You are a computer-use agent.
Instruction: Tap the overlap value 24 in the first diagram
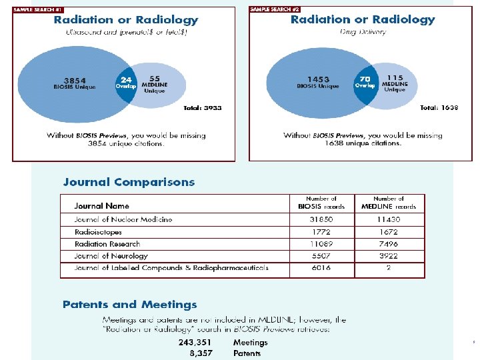coord(126,78)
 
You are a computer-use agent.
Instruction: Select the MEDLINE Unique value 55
coord(154,77)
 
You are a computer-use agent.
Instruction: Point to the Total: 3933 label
coord(202,107)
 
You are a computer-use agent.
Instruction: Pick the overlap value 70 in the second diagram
coord(365,78)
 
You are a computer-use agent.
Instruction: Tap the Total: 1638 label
coord(439,107)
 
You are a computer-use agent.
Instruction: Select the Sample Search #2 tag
coord(273,9)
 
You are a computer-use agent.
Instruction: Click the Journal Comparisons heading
coord(129,182)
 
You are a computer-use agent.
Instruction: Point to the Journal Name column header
coord(101,206)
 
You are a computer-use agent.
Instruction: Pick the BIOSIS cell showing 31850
coord(321,219)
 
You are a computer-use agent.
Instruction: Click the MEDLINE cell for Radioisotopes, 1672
coord(388,232)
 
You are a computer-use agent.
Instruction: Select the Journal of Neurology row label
coord(111,256)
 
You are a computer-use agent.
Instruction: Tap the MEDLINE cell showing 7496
coord(388,244)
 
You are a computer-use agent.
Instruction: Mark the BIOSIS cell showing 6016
coord(321,268)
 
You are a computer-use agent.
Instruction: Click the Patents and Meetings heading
coord(129,305)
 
